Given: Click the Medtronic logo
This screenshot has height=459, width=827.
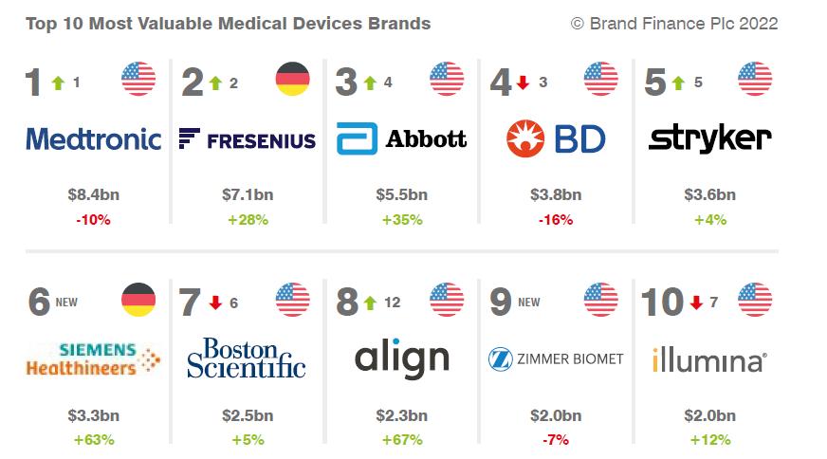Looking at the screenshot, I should tap(93, 139).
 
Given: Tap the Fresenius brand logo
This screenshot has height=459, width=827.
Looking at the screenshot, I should tap(247, 140).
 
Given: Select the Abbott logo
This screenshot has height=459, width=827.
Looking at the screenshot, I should tap(401, 139).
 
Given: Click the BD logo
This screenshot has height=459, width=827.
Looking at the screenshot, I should tap(556, 139).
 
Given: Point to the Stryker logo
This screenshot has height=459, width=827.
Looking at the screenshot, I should tap(709, 139).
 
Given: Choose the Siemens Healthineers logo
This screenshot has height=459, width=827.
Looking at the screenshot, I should tap(93, 359).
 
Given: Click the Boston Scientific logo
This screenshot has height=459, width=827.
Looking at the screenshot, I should tap(247, 358).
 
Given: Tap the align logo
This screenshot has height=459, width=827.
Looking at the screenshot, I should tap(401, 358).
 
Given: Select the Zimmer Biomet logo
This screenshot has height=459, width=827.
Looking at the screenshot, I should tap(556, 358).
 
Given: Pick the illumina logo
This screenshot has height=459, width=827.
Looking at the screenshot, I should tap(709, 360).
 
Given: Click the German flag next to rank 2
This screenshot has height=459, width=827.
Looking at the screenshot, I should tap(292, 80).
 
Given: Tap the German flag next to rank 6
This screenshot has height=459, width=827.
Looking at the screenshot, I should tap(138, 300).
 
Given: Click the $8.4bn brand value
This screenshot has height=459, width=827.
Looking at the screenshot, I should tap(93, 195).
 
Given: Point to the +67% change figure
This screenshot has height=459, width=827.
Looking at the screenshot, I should tap(401, 440).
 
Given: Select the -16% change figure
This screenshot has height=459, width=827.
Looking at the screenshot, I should tap(556, 220).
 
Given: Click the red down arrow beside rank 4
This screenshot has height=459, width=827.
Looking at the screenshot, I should tap(522, 83).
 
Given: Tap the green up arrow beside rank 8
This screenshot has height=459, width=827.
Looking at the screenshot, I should tap(368, 303).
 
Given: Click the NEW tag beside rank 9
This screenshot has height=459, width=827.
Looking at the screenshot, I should tap(528, 303).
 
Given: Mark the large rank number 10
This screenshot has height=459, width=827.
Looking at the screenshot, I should tap(662, 303).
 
